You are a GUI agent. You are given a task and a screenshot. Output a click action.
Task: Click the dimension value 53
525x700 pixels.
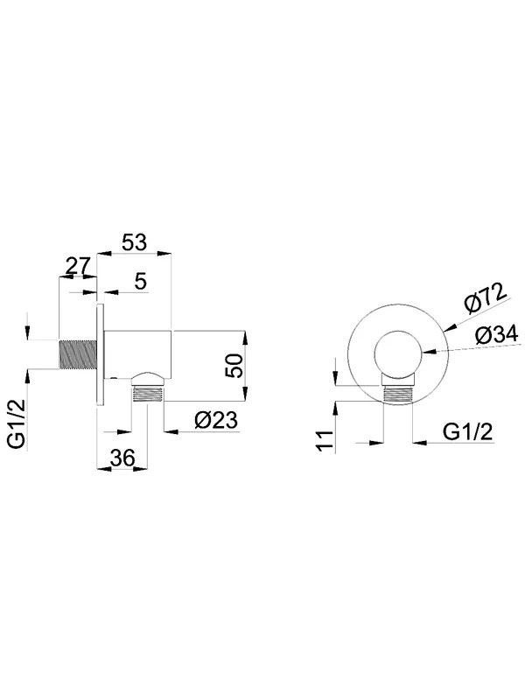(x=134, y=242)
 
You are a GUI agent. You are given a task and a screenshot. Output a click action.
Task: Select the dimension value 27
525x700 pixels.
(x=78, y=267)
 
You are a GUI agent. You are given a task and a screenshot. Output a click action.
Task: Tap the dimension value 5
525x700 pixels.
(x=141, y=282)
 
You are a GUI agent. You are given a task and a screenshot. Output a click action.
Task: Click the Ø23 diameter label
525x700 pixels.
(x=216, y=420)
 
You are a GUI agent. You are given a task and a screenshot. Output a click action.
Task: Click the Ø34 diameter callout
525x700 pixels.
(x=496, y=334)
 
